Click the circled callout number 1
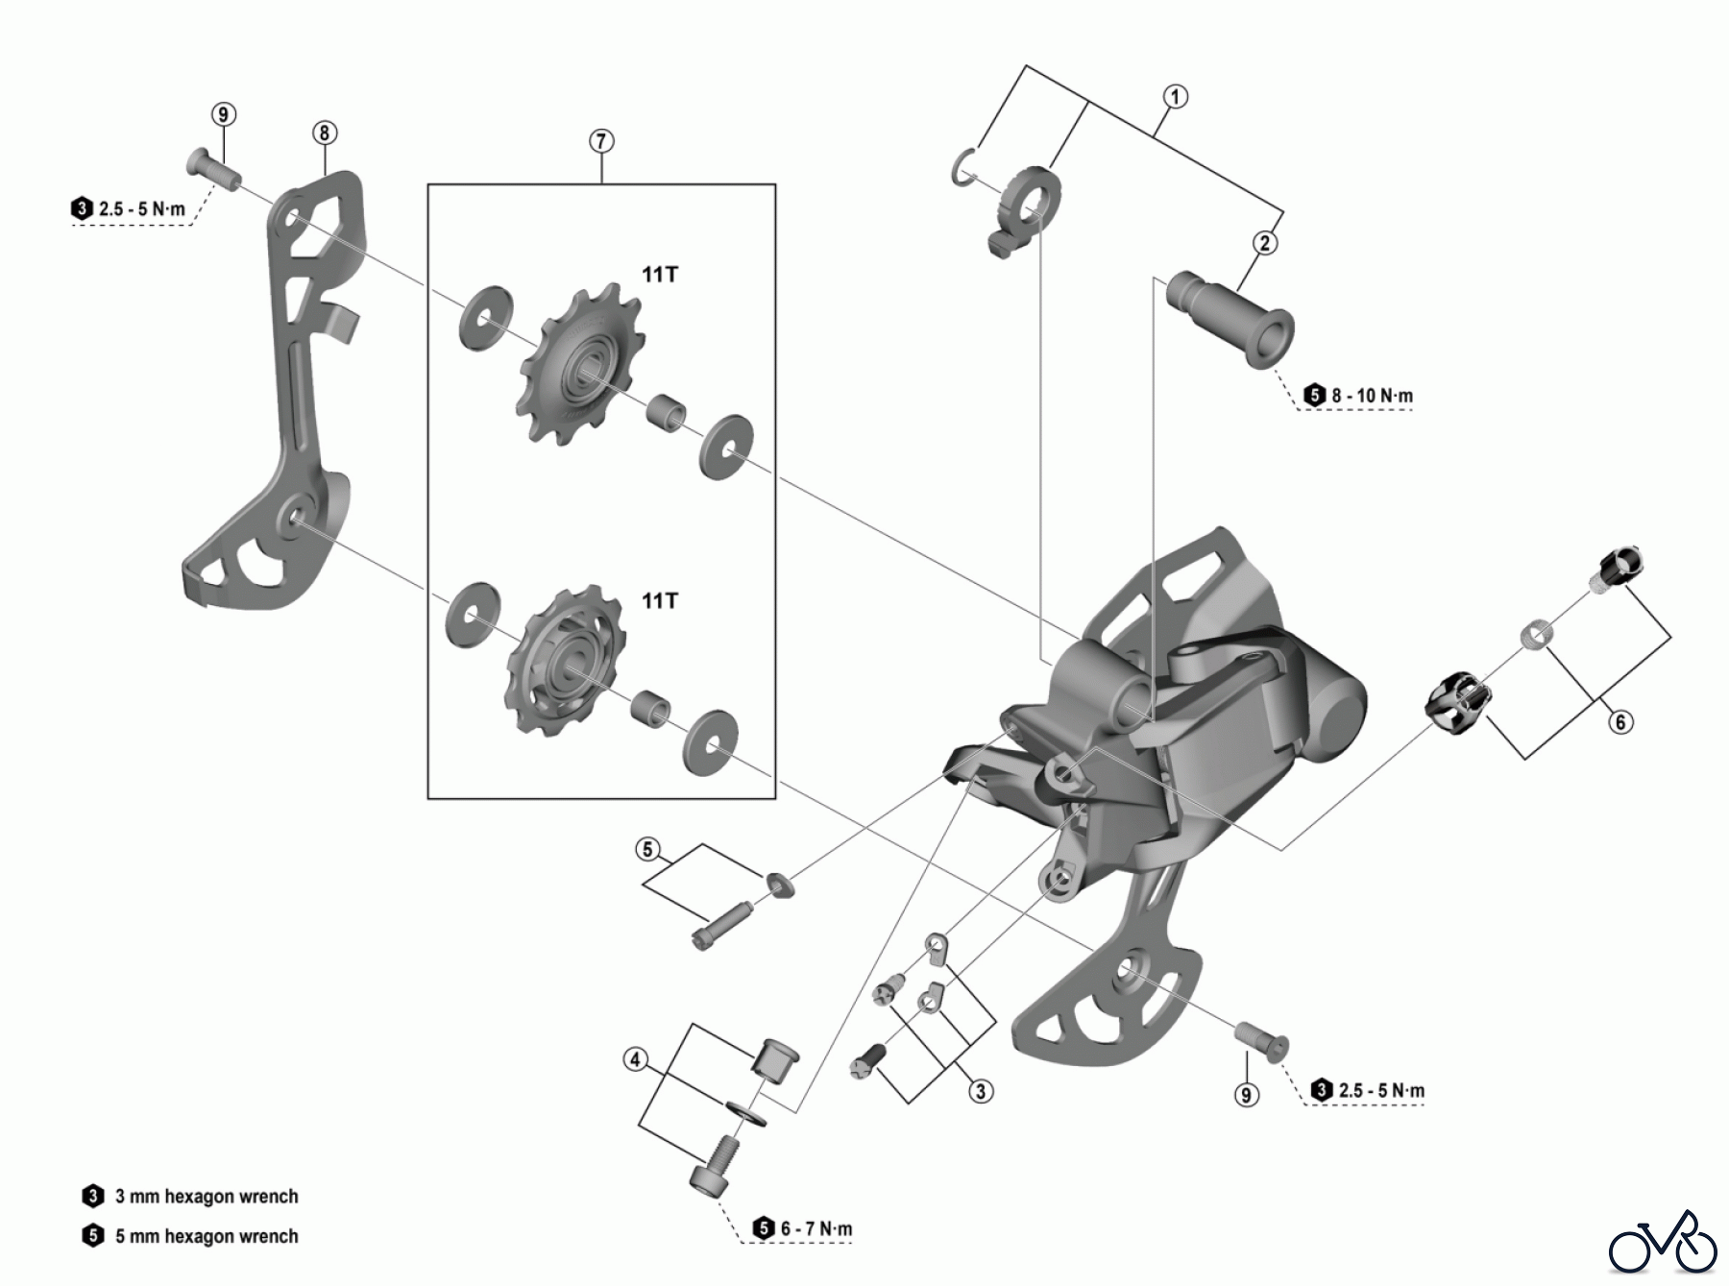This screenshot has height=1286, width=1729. click(x=1175, y=97)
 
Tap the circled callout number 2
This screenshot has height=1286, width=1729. click(x=1265, y=243)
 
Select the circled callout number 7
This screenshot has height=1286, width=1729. click(x=600, y=141)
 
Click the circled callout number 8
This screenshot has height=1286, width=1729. click(x=324, y=133)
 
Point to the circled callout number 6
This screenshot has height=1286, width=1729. click(x=1620, y=721)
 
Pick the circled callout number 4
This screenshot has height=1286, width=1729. click(x=634, y=1060)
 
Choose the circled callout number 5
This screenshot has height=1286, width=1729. click(x=647, y=849)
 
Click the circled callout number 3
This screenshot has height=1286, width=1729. click(x=980, y=1091)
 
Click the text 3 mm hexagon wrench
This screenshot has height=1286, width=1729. click(x=206, y=1197)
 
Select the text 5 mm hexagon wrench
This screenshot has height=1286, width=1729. click(x=206, y=1236)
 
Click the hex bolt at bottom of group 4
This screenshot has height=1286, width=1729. click(x=713, y=1165)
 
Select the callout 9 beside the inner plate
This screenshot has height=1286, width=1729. click(x=223, y=114)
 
